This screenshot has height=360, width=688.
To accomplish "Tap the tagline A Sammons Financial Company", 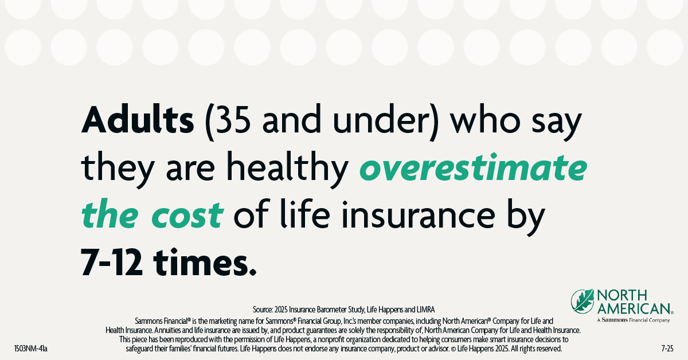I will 633,320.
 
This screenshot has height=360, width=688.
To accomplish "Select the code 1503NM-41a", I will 30,348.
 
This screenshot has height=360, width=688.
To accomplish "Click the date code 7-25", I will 667,348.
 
